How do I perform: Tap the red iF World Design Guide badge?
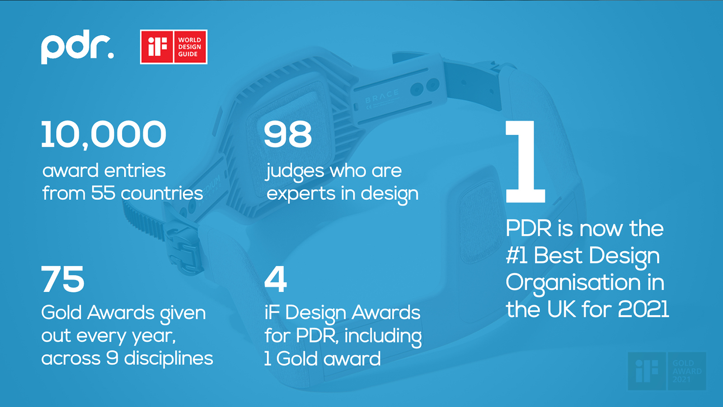pos(174,47)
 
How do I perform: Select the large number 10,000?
pos(103,135)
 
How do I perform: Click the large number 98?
pos(288,134)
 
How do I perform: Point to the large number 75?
pos(63,279)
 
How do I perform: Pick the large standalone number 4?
pos(275,279)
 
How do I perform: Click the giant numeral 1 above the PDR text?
pos(525,161)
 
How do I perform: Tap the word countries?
pos(162,194)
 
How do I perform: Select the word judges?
pos(295,172)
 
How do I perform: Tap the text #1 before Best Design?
pos(517,256)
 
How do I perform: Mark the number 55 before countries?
pos(103,193)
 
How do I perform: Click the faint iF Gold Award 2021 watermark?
pos(667,371)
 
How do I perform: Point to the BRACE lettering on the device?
pos(382,96)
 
